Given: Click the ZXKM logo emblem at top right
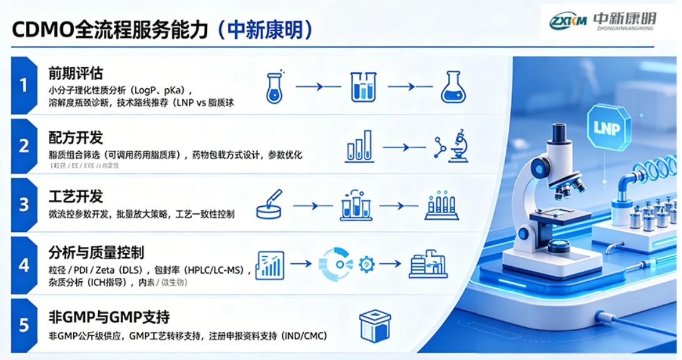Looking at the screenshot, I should click(x=568, y=21).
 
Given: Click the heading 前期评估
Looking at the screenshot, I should click(x=76, y=72).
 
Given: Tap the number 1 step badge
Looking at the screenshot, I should click(x=24, y=85).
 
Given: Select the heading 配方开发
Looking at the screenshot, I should click(x=76, y=137).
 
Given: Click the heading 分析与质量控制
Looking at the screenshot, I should click(x=96, y=252).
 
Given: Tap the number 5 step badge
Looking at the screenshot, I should click(x=24, y=325).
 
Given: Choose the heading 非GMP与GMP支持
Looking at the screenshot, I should click(x=109, y=317).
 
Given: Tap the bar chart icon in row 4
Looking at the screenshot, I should click(x=270, y=265).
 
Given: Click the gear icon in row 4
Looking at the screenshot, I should click(x=366, y=264).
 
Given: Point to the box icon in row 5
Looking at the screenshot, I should click(x=374, y=326).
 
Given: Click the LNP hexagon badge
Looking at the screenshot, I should click(x=608, y=127).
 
